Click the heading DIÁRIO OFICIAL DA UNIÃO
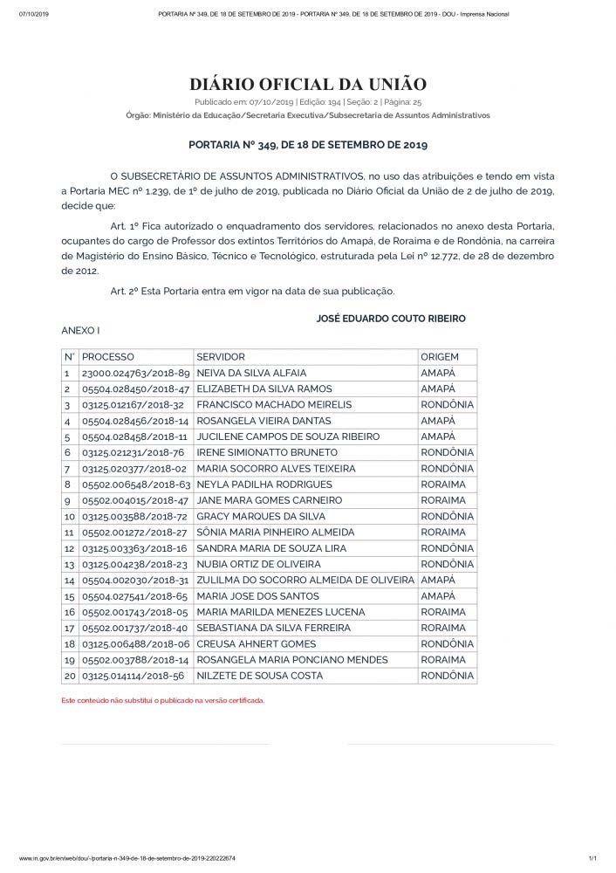(308, 84)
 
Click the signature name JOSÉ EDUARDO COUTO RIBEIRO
(390, 319)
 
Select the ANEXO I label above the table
(80, 332)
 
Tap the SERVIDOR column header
(221, 357)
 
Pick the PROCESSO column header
(107, 357)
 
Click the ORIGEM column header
(439, 357)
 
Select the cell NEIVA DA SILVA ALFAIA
(251, 373)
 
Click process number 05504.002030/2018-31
(135, 580)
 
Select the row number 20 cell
(68, 676)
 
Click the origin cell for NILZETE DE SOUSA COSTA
(447, 676)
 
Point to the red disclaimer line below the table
(162, 700)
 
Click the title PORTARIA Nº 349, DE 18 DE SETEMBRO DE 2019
(308, 145)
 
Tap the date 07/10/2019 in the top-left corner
(31, 15)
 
